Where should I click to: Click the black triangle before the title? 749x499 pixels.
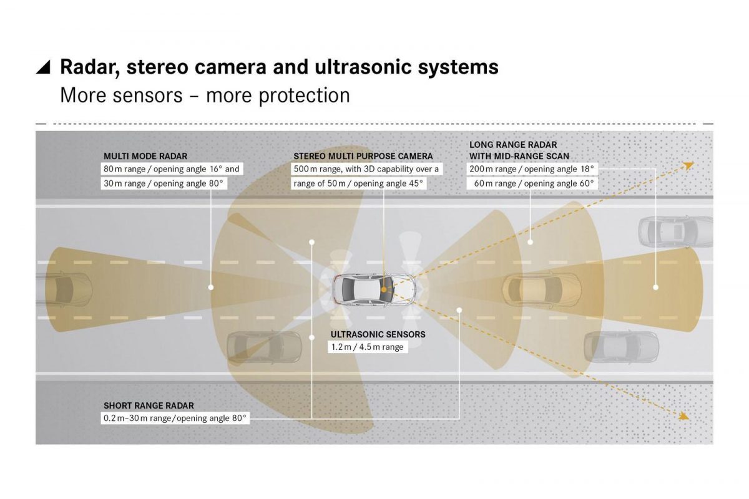tap(43, 67)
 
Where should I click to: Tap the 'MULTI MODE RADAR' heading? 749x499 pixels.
tap(145, 156)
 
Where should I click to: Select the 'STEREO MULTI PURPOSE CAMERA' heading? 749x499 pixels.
tap(363, 156)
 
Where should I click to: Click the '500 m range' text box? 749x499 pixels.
tap(366, 169)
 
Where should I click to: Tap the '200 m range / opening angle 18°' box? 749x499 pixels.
tap(532, 169)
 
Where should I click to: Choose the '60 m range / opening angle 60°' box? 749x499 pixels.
tap(534, 183)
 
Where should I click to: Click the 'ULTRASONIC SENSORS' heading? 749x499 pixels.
tap(378, 334)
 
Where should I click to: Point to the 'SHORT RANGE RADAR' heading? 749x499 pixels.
tap(149, 405)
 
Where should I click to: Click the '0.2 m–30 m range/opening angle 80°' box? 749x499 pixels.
tap(175, 418)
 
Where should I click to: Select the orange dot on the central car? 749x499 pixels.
tap(384, 290)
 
